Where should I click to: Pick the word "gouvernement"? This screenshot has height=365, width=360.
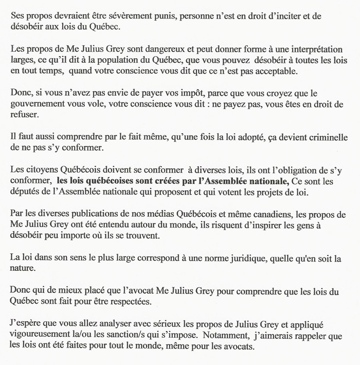pyautogui.click(x=37, y=107)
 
